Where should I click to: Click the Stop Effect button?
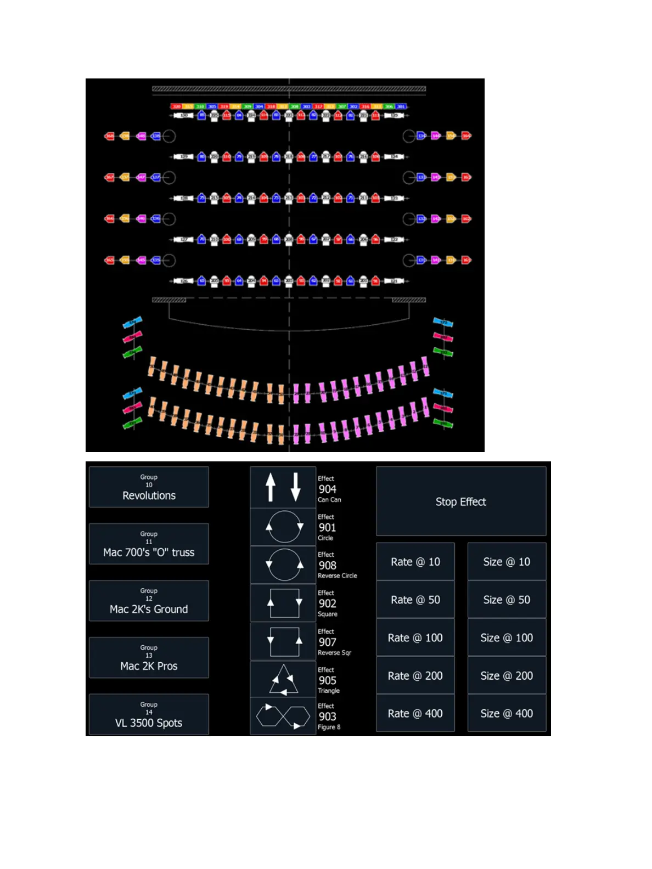[460, 501]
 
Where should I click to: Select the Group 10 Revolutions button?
[149, 487]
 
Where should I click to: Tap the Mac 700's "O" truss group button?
[149, 544]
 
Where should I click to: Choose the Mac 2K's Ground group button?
[149, 601]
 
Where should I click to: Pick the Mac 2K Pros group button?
[149, 658]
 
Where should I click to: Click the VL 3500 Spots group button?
[149, 714]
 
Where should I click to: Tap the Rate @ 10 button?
[415, 562]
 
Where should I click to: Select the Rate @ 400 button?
[415, 713]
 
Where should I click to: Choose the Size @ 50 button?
[507, 600]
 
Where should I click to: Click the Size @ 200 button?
[507, 675]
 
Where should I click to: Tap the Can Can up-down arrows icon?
[283, 487]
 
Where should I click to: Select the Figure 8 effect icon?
[283, 716]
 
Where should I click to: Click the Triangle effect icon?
[283, 680]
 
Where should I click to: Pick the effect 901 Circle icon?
[283, 527]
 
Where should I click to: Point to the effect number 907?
[328, 642]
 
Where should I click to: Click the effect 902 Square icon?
[283, 603]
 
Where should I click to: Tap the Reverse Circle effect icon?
[283, 565]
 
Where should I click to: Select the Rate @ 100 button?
[415, 637]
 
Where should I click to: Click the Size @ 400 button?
[507, 713]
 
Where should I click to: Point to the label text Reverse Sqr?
[334, 653]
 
